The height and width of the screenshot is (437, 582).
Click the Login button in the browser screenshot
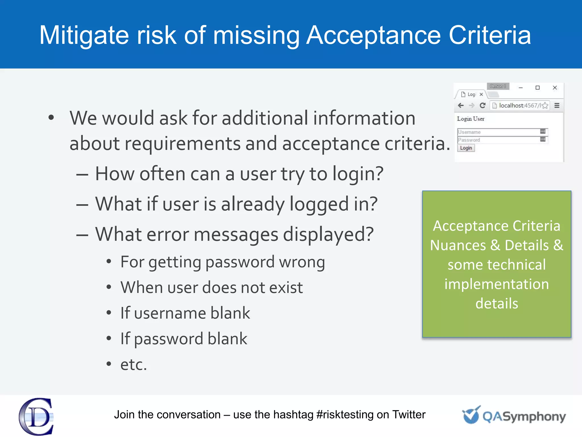(466, 148)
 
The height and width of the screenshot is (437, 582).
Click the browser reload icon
(483, 106)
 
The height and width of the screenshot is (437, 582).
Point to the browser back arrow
(461, 106)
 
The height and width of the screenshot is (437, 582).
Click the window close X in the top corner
(555, 88)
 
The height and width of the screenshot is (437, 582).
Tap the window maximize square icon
(537, 88)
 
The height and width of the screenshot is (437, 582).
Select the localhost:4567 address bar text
(519, 106)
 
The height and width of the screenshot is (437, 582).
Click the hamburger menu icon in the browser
(557, 106)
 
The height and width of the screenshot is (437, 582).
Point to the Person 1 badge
(498, 86)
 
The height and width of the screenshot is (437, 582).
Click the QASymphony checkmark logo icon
(471, 415)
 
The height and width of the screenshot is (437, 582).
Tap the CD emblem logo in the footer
(36, 417)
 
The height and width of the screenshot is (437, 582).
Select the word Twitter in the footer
(409, 415)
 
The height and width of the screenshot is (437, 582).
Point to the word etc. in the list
(134, 364)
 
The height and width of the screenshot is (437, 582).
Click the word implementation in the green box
(496, 284)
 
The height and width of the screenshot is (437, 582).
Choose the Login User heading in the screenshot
(471, 119)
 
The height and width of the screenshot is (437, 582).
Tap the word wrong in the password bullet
(302, 262)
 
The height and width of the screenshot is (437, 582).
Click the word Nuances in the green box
(458, 245)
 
